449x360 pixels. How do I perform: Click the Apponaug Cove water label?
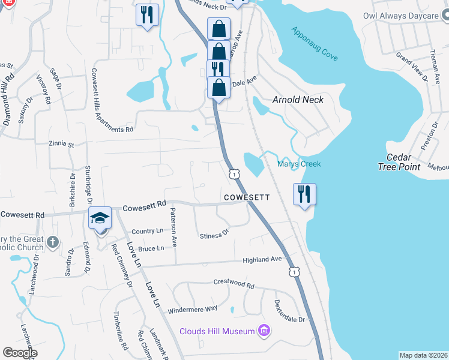tap(315, 44)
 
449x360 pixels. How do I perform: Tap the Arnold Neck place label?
tap(298, 100)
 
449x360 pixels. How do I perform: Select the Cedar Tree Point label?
tap(400, 162)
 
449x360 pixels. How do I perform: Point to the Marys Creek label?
tap(299, 164)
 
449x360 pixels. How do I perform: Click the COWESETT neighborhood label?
tap(247, 197)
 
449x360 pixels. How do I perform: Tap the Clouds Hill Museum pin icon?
tap(263, 331)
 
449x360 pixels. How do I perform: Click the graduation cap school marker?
tap(100, 218)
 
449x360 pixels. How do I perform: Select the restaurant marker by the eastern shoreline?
tap(304, 194)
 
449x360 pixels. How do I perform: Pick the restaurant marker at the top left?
tap(147, 14)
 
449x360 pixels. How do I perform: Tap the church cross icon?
tap(53, 242)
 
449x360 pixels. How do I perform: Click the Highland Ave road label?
tap(262, 260)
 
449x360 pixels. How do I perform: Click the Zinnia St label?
tap(62, 145)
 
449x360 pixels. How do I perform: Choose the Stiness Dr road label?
tap(215, 235)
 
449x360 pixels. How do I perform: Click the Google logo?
tap(20, 353)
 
